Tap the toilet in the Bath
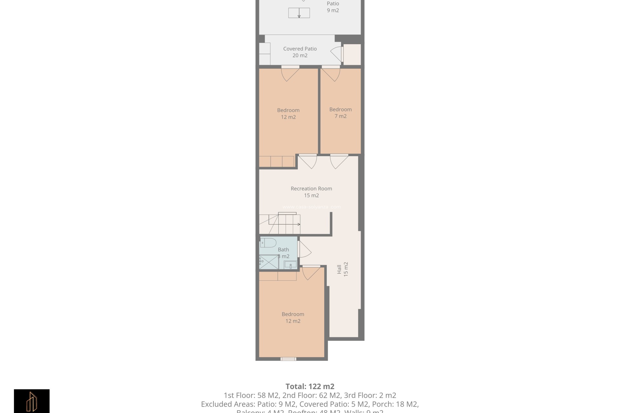268,242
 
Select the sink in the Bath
290,265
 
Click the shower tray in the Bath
269,262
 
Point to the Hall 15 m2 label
342,269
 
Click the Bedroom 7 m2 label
340,113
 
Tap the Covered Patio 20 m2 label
300,52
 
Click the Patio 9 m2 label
333,7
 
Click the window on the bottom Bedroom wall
288,359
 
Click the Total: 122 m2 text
310,386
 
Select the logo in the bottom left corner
32,401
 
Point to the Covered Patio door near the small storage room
337,54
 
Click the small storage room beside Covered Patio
352,55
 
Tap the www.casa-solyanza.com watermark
311,207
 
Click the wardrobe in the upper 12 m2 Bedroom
276,161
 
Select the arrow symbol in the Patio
299,13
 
